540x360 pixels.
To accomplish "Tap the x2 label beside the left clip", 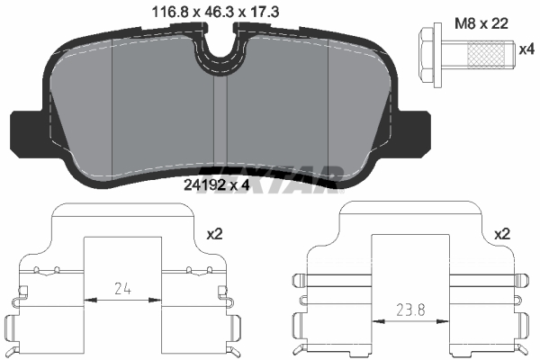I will [214, 233].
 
